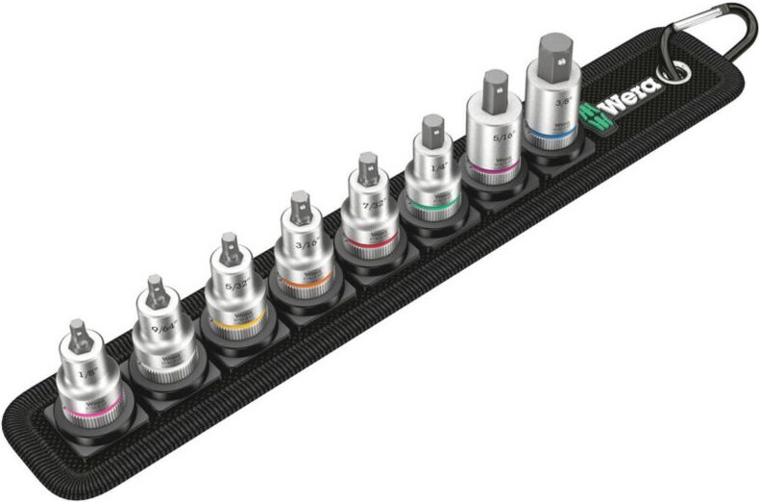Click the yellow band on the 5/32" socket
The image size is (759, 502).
(232, 322)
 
